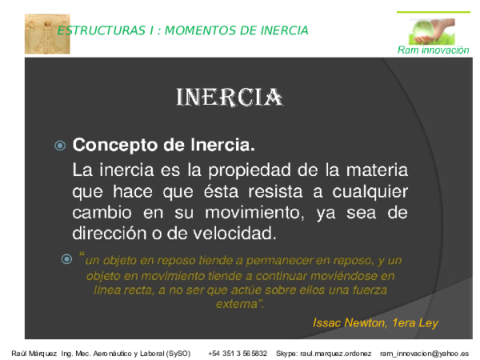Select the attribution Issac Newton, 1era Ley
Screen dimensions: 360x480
click(x=375, y=322)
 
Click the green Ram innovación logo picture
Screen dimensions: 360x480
click(x=432, y=30)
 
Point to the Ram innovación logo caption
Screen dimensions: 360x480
click(x=433, y=50)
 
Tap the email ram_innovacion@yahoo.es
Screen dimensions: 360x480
click(x=424, y=353)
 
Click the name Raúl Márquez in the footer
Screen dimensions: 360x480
click(x=34, y=353)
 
